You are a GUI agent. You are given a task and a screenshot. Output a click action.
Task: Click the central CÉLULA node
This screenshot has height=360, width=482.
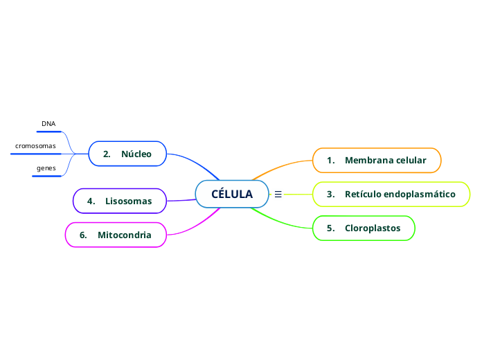231,195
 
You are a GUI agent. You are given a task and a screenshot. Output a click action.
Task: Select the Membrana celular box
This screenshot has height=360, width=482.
377,160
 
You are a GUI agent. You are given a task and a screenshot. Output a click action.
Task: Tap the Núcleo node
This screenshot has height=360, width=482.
127,154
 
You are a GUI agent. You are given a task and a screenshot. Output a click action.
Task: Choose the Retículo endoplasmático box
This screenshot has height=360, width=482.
391,195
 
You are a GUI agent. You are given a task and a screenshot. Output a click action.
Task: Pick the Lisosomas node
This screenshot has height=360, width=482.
119,201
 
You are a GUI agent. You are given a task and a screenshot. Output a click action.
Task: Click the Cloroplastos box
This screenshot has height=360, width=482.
364,228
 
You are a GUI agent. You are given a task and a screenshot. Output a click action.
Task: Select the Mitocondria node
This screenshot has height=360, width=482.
116,235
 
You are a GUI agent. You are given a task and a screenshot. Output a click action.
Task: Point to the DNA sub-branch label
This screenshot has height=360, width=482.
48,124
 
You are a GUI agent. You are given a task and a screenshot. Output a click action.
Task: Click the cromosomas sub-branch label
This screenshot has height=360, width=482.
35,146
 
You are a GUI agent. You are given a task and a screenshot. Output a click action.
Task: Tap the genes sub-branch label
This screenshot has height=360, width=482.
46,169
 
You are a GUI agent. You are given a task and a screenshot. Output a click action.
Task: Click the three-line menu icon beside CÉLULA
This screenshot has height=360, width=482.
278,195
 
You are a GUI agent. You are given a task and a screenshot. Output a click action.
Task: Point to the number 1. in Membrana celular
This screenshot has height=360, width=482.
331,160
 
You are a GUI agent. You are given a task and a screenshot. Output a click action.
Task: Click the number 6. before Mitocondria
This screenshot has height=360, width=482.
84,235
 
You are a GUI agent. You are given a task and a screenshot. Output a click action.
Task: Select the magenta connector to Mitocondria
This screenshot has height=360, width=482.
194,225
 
